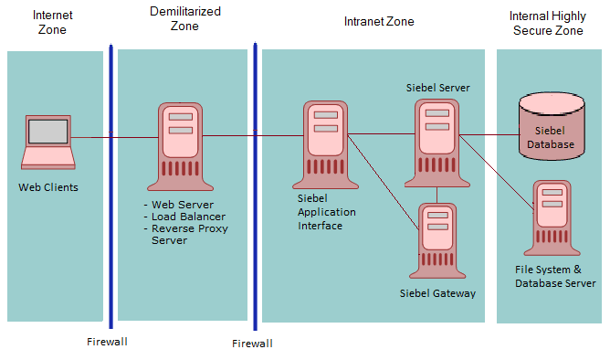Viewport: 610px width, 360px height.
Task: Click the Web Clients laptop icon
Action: [48, 142]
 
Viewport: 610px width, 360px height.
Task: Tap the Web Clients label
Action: [48, 187]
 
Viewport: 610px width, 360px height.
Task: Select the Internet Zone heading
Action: [54, 23]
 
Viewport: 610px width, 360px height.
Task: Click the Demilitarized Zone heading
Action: [186, 18]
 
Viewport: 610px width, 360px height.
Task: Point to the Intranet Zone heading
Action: [379, 21]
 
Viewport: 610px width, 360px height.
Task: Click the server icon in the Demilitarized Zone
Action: [180, 142]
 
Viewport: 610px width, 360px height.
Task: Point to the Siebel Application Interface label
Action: [326, 211]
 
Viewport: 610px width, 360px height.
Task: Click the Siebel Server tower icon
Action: [437, 137]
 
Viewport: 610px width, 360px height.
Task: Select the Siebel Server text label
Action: [438, 88]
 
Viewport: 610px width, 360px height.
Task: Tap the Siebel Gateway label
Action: [437, 293]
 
